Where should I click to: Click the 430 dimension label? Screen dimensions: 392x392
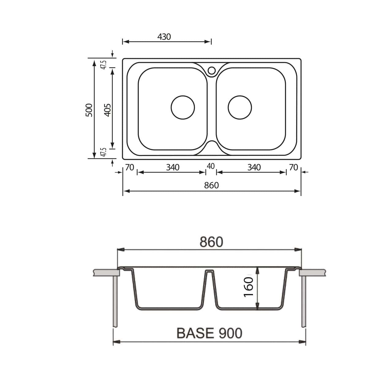click(164, 37)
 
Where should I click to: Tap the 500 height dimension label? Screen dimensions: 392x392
click(89, 110)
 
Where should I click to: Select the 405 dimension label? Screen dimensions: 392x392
click(107, 110)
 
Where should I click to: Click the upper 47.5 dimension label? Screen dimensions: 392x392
click(104, 65)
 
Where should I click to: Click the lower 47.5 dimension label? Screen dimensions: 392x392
click(104, 152)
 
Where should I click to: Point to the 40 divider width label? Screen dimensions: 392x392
click(211, 166)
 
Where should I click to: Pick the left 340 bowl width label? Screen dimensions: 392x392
click(173, 168)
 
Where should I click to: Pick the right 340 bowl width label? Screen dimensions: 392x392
click(254, 168)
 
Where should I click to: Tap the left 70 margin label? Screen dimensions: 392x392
click(130, 168)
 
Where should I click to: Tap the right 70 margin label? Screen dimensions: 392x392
click(294, 168)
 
